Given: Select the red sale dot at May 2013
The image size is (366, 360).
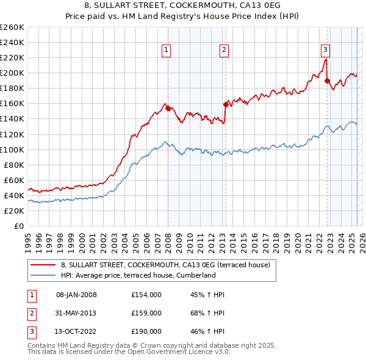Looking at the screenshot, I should point(226,104).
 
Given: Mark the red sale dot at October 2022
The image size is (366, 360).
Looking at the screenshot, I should point(328,81).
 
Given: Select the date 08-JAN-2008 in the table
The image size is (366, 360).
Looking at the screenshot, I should point(76,295).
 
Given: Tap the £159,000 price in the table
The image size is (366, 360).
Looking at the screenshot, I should point(146,313).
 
